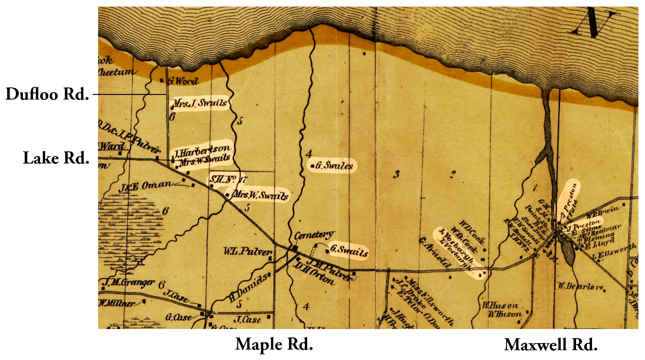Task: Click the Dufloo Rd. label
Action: tap(47, 94)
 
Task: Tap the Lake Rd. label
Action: tap(56, 158)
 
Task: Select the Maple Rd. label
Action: tap(274, 344)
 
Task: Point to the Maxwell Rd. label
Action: tap(551, 345)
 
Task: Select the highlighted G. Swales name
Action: tap(334, 165)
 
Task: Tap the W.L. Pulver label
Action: tap(248, 252)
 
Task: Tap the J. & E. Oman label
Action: tap(145, 186)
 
